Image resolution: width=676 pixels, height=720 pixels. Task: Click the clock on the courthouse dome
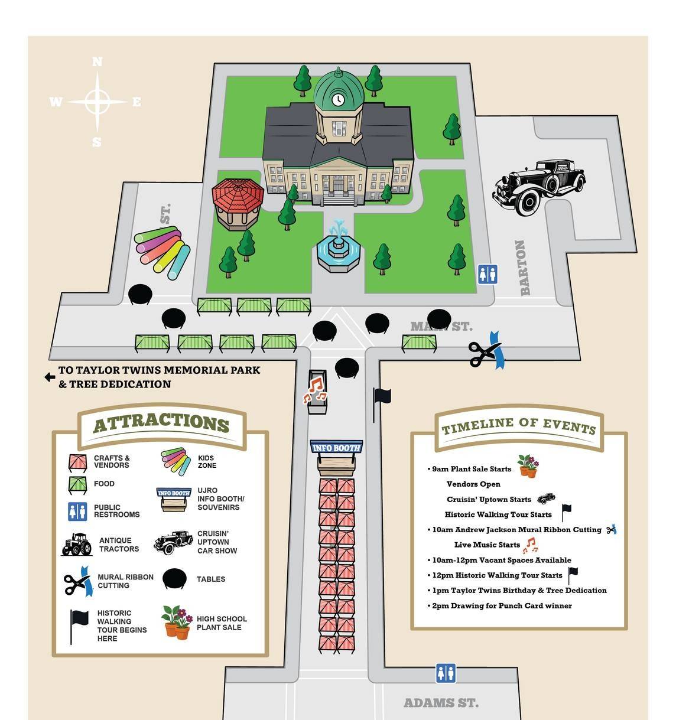pyautogui.click(x=337, y=99)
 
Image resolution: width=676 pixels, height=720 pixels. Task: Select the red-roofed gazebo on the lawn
pyautogui.click(x=238, y=203)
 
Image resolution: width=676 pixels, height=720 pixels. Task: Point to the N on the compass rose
pyautogui.click(x=97, y=62)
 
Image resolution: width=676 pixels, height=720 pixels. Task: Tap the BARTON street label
pyautogui.click(x=522, y=268)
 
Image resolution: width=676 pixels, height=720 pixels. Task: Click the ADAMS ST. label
pyautogui.click(x=441, y=703)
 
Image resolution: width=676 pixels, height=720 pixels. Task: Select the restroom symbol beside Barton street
pyautogui.click(x=487, y=274)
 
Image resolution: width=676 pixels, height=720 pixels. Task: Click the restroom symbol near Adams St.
pyautogui.click(x=446, y=673)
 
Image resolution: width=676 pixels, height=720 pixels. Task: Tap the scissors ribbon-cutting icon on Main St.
pyautogui.click(x=486, y=353)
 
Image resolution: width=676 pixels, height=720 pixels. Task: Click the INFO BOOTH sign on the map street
pyautogui.click(x=336, y=447)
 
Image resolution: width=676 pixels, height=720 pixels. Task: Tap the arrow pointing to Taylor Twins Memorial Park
pyautogui.click(x=50, y=377)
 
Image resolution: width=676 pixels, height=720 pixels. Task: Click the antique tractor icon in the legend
pyautogui.click(x=77, y=545)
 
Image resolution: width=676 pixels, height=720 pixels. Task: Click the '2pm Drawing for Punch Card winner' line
pyautogui.click(x=502, y=605)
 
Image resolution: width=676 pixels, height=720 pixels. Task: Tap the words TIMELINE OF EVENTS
pyautogui.click(x=518, y=425)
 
